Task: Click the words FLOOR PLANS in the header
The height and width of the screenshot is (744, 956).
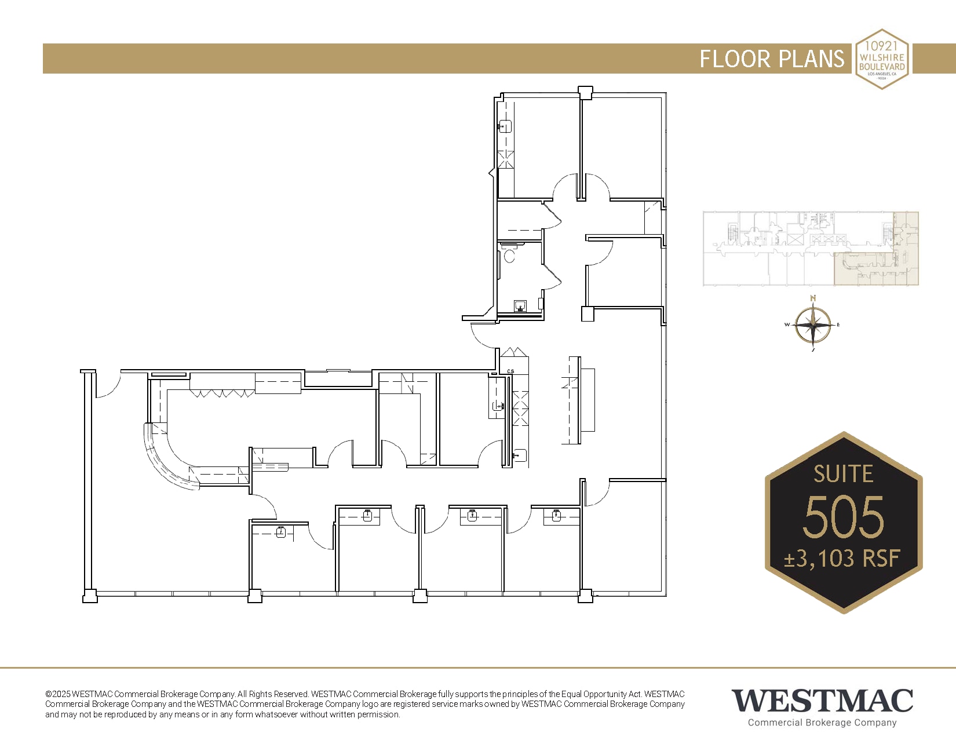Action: [x=772, y=59]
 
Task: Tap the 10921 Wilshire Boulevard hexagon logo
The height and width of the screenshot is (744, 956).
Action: [x=882, y=59]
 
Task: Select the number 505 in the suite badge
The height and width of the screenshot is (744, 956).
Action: [x=843, y=516]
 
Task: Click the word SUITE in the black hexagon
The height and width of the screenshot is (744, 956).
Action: [x=843, y=474]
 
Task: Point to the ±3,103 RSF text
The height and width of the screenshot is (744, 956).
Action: [x=842, y=559]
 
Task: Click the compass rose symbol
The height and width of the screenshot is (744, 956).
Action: [x=813, y=325]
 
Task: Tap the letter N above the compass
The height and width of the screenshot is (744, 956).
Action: [x=813, y=298]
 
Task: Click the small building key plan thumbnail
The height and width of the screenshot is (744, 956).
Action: [x=811, y=249]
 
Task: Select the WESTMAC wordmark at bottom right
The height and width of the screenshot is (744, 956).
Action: [x=822, y=701]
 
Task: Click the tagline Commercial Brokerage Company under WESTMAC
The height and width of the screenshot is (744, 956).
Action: [x=822, y=723]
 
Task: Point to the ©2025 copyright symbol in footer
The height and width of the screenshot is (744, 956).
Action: [x=49, y=694]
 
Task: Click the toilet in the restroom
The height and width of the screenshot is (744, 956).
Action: [x=509, y=254]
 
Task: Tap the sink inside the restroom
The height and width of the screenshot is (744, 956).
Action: [x=520, y=306]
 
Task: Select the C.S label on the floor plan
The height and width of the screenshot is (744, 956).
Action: [x=510, y=371]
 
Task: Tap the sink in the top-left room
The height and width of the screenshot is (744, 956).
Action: [x=505, y=126]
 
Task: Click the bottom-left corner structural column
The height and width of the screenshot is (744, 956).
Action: [x=90, y=596]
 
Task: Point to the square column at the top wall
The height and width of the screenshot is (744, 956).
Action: [x=586, y=92]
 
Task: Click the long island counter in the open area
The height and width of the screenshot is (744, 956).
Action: [x=587, y=400]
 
